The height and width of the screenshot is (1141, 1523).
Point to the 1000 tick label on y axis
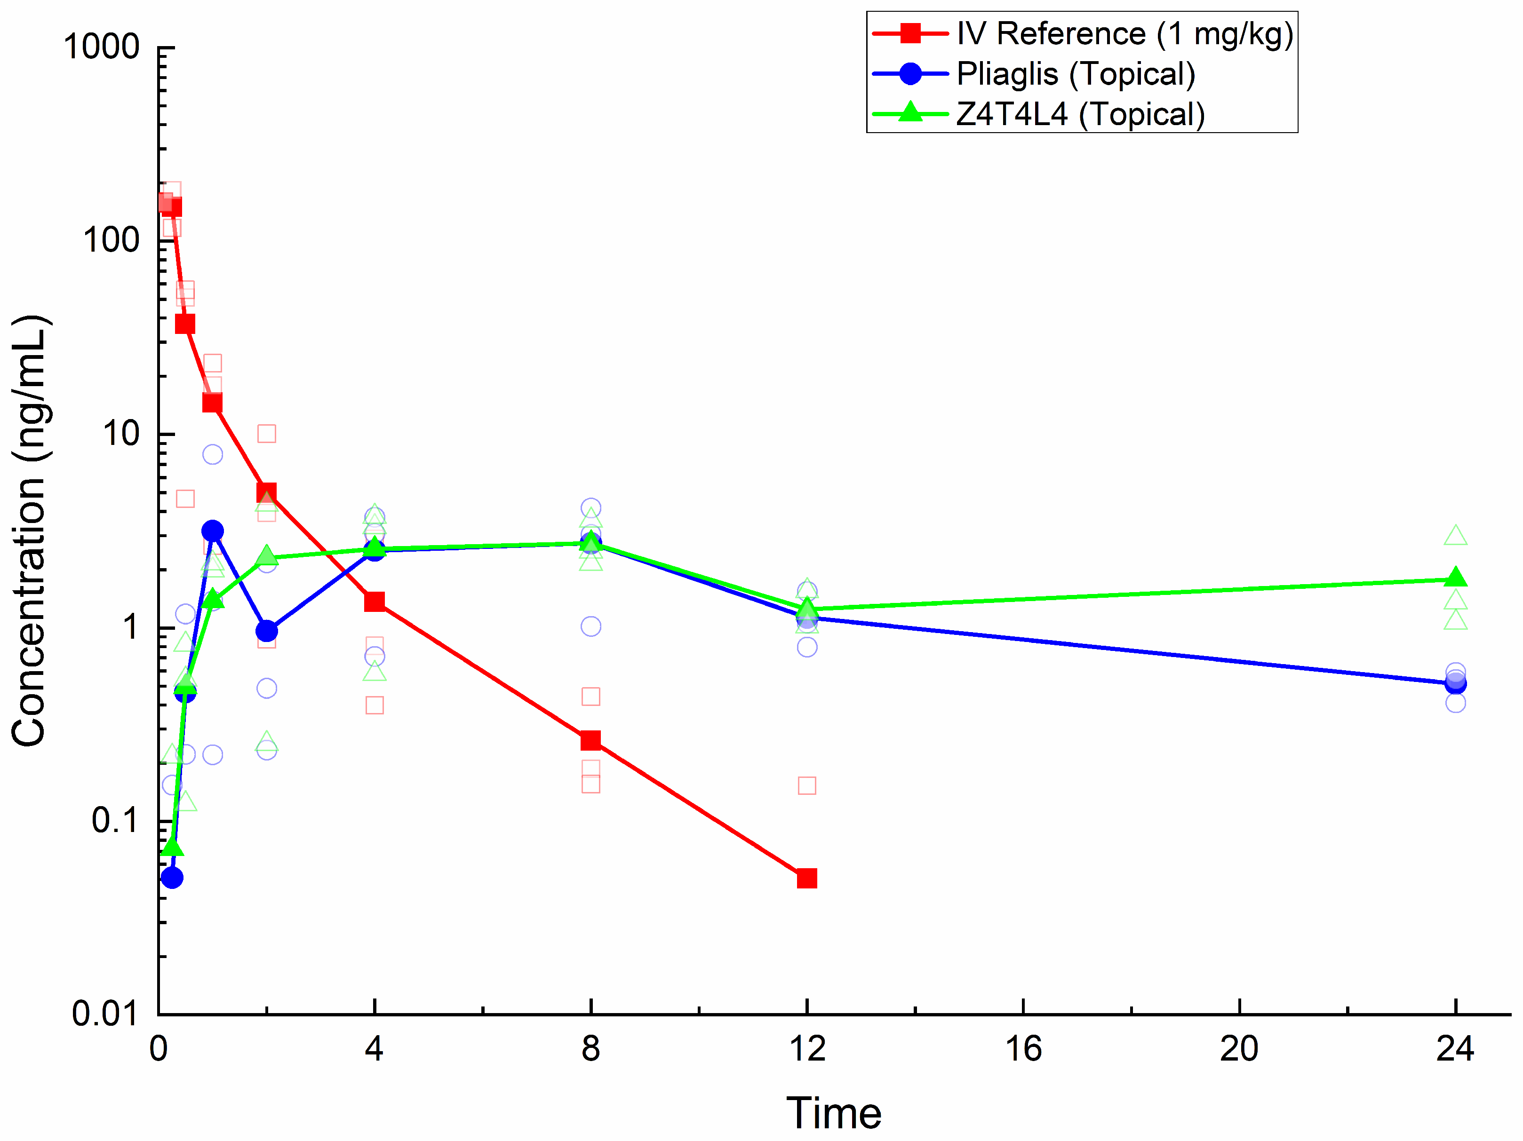(101, 48)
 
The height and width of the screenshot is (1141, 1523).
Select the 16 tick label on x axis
(1023, 1049)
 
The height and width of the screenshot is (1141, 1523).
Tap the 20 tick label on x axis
(1239, 1049)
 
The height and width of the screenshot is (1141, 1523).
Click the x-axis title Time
(834, 1113)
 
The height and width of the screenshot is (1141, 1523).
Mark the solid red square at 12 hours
(807, 879)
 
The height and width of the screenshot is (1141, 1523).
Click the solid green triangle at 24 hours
(1456, 578)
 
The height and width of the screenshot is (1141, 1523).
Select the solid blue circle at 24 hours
(1456, 683)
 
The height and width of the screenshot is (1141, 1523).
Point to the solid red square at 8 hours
(591, 740)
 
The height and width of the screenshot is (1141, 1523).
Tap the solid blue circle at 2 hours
(266, 630)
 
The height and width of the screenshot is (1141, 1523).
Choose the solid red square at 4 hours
(375, 602)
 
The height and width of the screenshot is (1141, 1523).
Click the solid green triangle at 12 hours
(807, 608)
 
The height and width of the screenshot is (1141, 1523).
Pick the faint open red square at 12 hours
(807, 785)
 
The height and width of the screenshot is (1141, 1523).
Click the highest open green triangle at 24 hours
(1456, 535)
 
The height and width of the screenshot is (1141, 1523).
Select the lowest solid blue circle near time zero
(172, 878)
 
